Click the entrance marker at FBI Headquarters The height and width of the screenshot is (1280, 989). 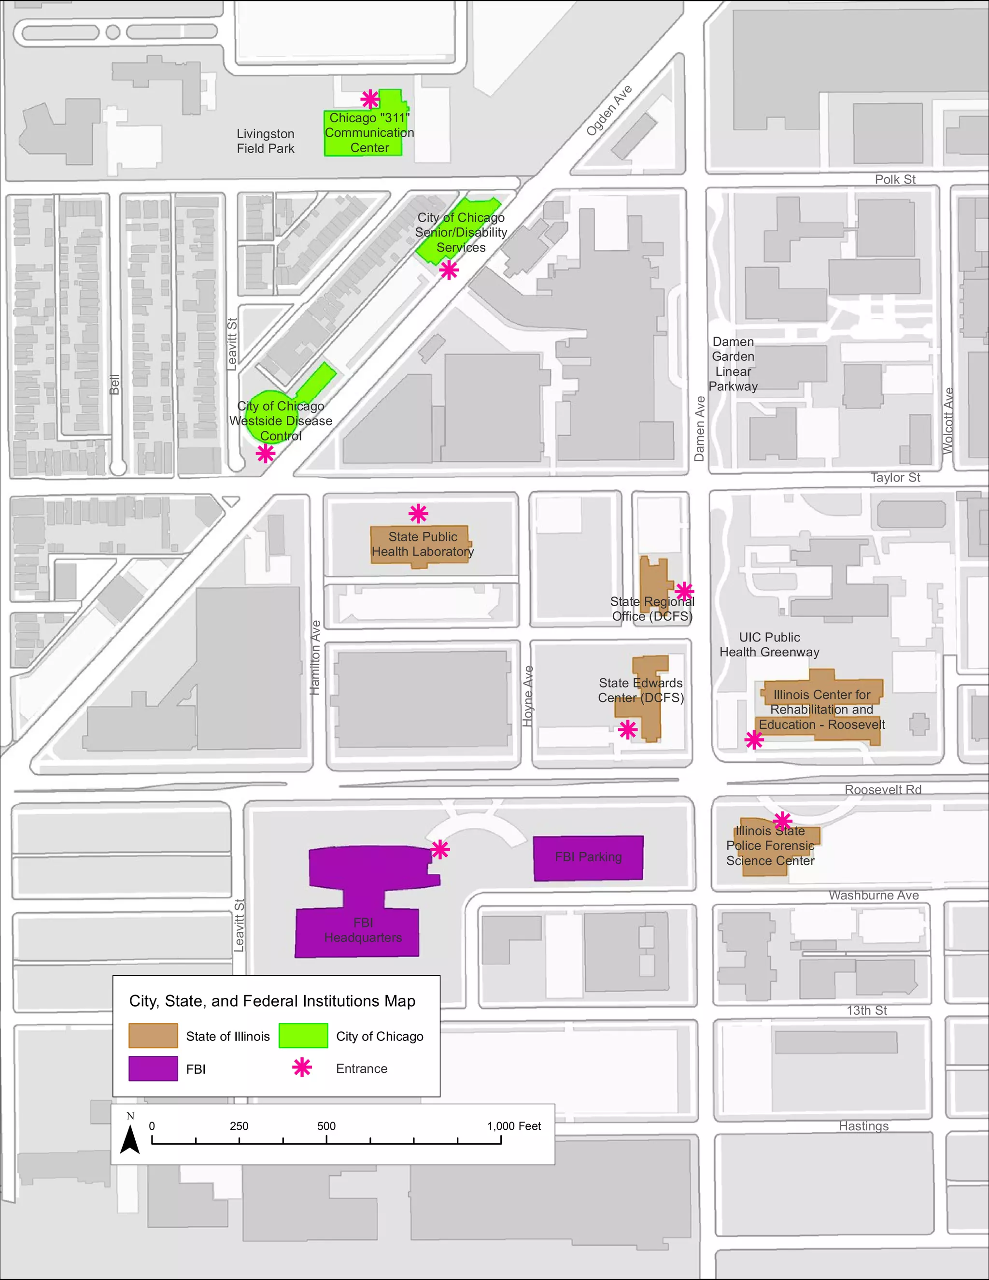(440, 849)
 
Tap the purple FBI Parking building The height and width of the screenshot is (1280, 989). (588, 857)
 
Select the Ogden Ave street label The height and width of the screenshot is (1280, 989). (609, 110)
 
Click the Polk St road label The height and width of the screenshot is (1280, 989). (895, 179)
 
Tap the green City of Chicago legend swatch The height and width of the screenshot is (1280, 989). (303, 1036)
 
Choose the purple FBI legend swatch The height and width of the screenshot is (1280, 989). (153, 1068)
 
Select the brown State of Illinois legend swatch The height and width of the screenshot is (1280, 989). (153, 1036)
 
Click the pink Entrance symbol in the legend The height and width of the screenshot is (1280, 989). (302, 1068)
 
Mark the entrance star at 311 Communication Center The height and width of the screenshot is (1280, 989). (370, 99)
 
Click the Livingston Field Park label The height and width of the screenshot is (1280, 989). (266, 141)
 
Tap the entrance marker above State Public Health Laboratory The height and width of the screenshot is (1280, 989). (418, 513)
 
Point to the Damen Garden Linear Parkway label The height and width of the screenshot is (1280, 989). (733, 364)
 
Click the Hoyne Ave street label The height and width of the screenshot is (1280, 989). (528, 696)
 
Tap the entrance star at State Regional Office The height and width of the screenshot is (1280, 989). (684, 591)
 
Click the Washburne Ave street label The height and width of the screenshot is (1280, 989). (873, 895)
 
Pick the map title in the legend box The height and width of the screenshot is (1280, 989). (272, 1001)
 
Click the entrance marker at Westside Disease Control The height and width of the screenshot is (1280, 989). (266, 453)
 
